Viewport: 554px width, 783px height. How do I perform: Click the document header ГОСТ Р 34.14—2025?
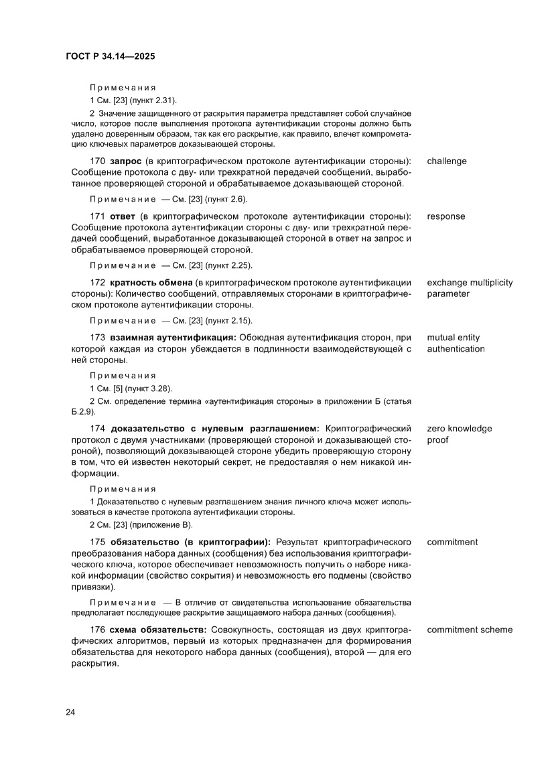click(x=111, y=58)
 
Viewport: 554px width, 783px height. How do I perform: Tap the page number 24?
click(x=70, y=712)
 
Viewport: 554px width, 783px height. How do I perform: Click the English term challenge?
click(x=447, y=161)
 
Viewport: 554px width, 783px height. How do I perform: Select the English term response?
click(x=445, y=216)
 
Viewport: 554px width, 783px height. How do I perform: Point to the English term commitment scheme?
click(x=470, y=630)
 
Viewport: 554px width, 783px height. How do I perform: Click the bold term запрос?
click(x=126, y=161)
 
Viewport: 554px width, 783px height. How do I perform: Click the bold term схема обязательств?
click(x=159, y=630)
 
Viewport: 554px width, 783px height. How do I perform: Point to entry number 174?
click(x=98, y=429)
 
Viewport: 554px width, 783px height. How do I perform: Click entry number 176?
click(x=98, y=630)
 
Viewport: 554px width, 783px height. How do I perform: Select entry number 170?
click(x=98, y=161)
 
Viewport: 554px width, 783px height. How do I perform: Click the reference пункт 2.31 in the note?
click(x=154, y=100)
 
